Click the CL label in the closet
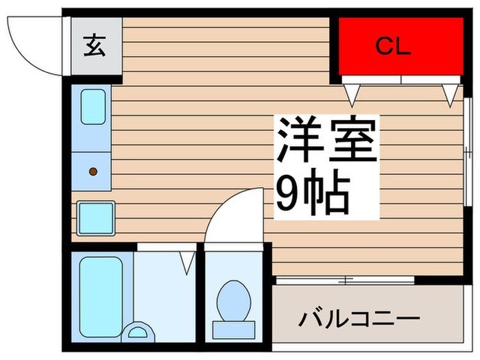point(393,46)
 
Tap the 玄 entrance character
point(95,46)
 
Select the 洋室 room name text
point(326,139)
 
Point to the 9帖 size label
point(313,192)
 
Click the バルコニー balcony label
point(359,319)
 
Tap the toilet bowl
point(234,300)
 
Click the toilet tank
point(234,330)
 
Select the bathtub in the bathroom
point(101,297)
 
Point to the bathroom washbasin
point(137,332)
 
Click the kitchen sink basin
point(93,107)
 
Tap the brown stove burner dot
point(93,171)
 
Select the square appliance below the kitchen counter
point(96,218)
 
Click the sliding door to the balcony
point(346,280)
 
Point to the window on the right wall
point(467,152)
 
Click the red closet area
point(400,46)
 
